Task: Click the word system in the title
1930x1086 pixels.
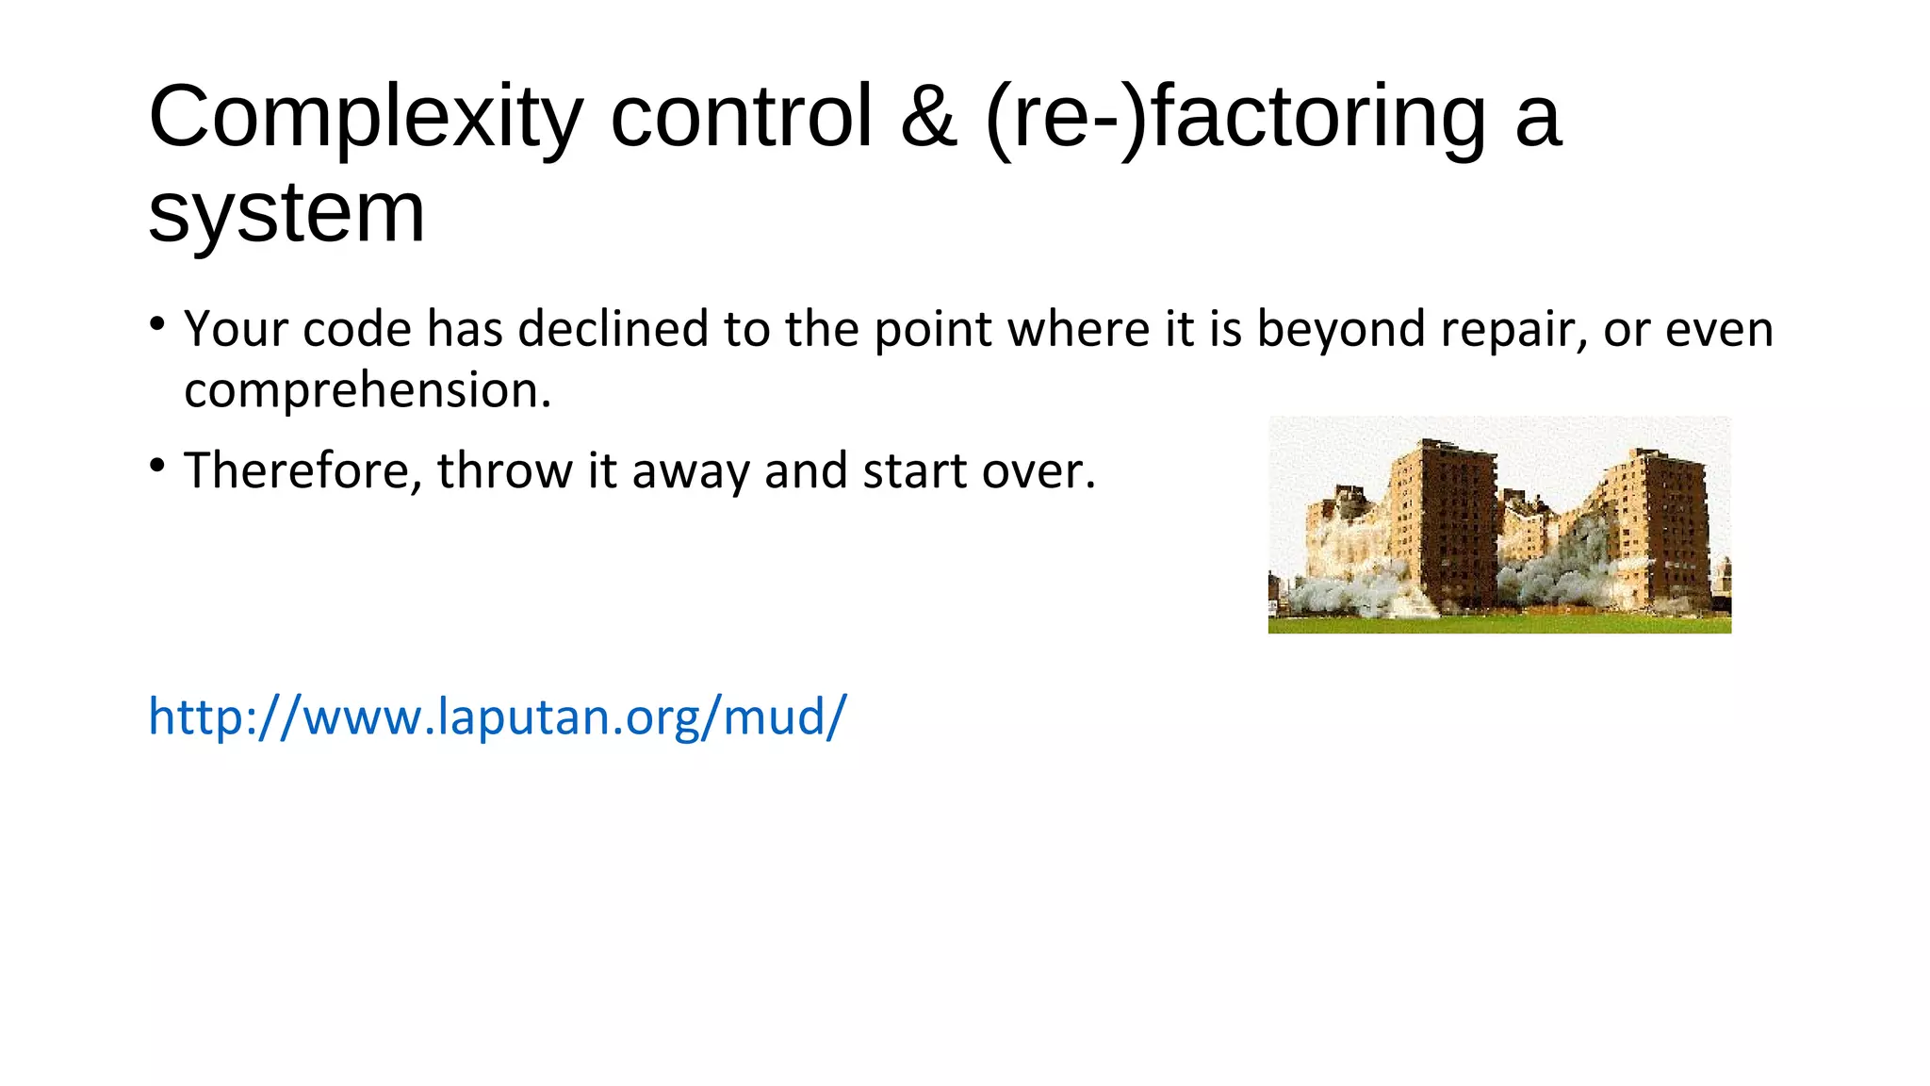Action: (286, 213)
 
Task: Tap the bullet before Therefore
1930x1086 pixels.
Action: (157, 466)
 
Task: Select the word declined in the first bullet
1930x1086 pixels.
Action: (613, 329)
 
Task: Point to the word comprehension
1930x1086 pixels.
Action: (367, 390)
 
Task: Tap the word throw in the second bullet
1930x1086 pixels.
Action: (504, 470)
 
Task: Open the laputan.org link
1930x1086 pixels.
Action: (498, 717)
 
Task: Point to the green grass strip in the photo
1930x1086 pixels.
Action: (1498, 624)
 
